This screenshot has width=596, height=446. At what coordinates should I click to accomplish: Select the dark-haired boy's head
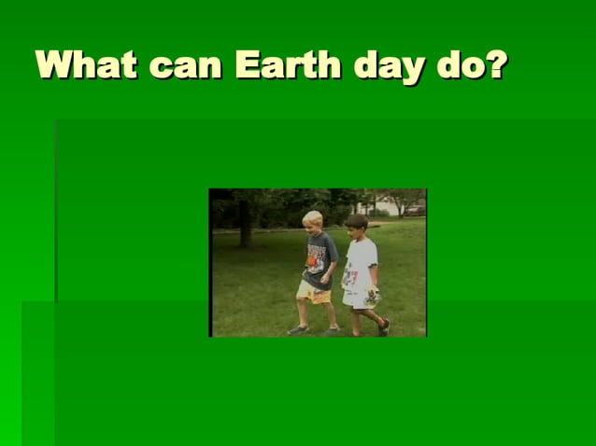(356, 225)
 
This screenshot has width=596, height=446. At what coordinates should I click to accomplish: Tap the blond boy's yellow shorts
(313, 291)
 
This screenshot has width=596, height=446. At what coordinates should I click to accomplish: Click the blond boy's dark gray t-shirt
(318, 258)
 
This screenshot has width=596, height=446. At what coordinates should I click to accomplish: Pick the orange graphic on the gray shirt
(313, 260)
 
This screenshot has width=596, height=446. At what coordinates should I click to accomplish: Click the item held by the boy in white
(373, 298)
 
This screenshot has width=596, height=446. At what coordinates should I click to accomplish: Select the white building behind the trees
(385, 207)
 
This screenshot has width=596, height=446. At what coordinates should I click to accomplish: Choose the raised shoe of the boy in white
(384, 327)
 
